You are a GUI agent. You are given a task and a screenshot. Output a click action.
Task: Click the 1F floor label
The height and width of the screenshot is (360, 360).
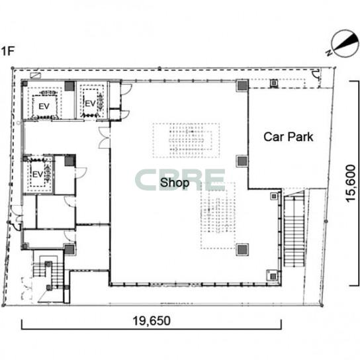coord(7,51)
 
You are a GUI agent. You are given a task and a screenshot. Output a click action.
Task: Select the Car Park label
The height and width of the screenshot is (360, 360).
coord(288,137)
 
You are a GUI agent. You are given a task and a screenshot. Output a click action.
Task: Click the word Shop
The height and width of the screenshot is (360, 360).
coord(175,183)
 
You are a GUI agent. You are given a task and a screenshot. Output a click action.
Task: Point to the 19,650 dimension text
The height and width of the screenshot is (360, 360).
coord(152,321)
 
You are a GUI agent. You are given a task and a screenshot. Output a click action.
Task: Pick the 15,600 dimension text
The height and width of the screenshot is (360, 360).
coord(351,183)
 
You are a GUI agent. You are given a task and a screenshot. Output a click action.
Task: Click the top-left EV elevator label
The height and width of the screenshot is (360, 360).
coord(44,107)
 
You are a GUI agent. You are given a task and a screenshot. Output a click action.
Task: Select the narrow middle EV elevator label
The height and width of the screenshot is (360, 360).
coord(90,103)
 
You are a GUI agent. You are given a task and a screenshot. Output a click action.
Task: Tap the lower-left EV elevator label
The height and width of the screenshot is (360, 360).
coord(38,175)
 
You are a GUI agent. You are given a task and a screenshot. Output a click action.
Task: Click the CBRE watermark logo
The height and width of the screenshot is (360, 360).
coord(180,180)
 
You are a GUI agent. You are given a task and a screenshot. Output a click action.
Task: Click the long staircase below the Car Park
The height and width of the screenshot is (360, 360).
coord(294,229)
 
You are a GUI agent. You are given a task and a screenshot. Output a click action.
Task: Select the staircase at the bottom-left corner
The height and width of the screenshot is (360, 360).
coord(48,275)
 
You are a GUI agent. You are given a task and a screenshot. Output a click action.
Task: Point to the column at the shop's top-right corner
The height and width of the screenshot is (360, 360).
coord(242,85)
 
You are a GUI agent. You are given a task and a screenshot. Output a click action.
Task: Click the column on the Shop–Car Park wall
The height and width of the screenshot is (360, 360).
coord(242,161)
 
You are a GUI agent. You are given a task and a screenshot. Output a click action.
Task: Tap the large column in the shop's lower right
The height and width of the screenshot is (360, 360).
coord(242,249)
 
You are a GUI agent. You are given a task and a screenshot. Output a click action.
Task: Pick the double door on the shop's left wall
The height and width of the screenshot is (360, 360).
coord(105,138)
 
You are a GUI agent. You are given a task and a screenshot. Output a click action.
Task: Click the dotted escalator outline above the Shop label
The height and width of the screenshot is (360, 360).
coord(186,140)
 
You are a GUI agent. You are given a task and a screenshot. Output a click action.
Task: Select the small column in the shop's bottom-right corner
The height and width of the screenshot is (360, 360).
coord(273,276)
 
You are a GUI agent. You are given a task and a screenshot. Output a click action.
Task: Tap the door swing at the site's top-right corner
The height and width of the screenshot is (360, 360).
coord(316,75)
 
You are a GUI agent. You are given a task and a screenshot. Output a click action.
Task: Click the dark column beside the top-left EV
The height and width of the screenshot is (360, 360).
coord(69,86)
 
